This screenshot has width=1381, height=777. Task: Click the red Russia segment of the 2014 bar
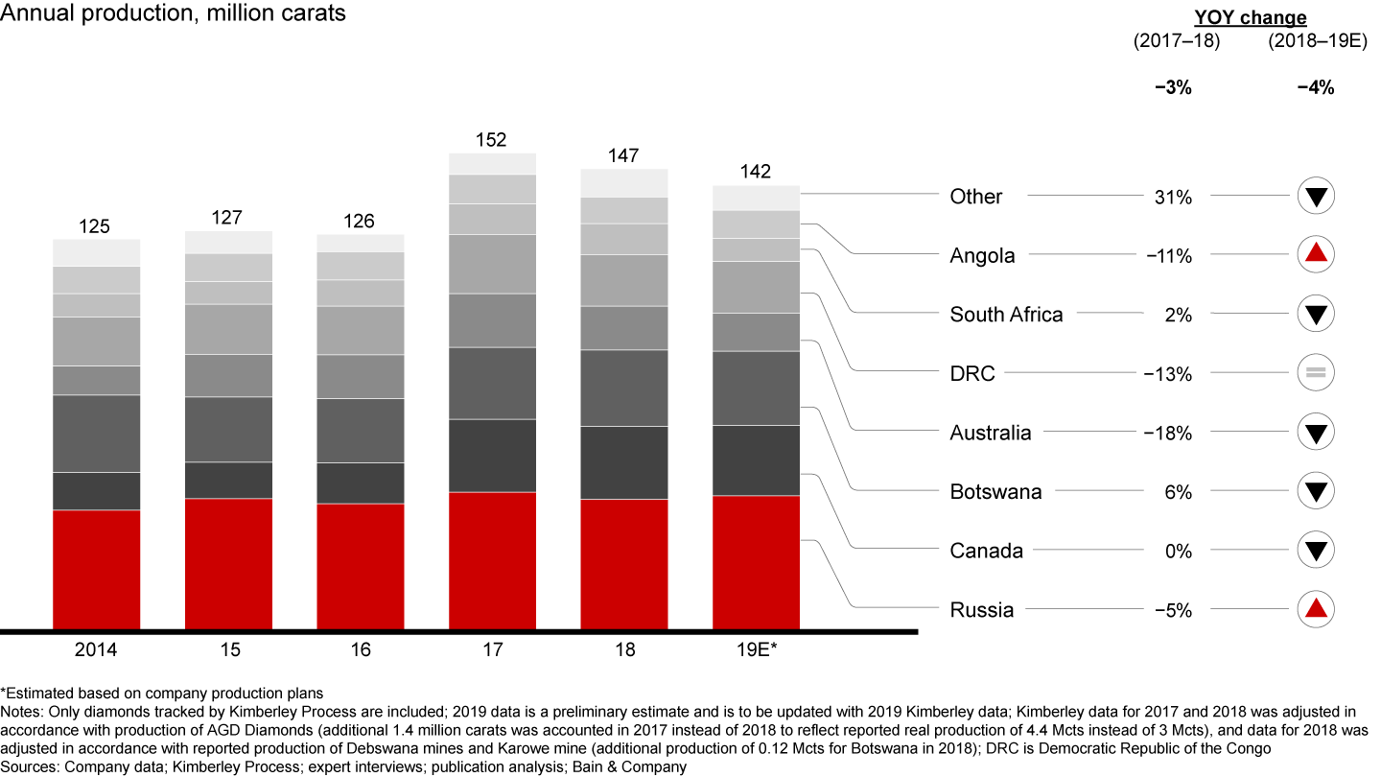coord(96,569)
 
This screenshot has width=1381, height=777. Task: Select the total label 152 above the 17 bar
coord(492,140)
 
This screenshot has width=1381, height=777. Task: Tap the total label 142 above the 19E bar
coord(757,173)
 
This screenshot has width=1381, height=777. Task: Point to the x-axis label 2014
coord(96,650)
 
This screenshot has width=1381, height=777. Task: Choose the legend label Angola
coord(982,256)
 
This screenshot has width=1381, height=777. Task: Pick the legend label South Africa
coord(1006,315)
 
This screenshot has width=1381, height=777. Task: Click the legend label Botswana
coord(995,492)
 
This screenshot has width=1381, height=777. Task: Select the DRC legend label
coord(972,374)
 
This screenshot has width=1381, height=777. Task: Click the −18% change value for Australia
coord(1167,434)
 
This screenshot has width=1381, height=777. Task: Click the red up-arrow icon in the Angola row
coord(1316,254)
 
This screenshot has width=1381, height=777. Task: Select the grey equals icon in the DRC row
coord(1316,373)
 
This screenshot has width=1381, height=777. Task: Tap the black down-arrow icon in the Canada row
coord(1316,551)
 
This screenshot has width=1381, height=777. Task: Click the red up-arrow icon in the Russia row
coord(1316,608)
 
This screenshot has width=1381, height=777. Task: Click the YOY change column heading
coord(1250,17)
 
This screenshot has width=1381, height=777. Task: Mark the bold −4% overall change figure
coord(1315,87)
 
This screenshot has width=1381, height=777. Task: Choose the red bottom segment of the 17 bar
coord(492,560)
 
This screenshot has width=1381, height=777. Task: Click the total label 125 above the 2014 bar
coord(95,227)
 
